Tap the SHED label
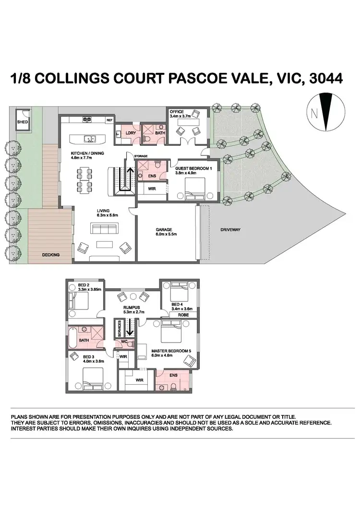tap(22, 122)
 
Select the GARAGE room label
tap(164, 230)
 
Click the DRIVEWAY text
tap(230, 230)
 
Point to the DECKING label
tap(50, 255)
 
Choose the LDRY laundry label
tap(129, 132)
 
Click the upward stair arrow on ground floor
tap(129, 175)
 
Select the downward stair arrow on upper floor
tap(129, 329)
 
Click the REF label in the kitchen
tap(109, 120)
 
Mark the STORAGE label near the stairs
tap(141, 156)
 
